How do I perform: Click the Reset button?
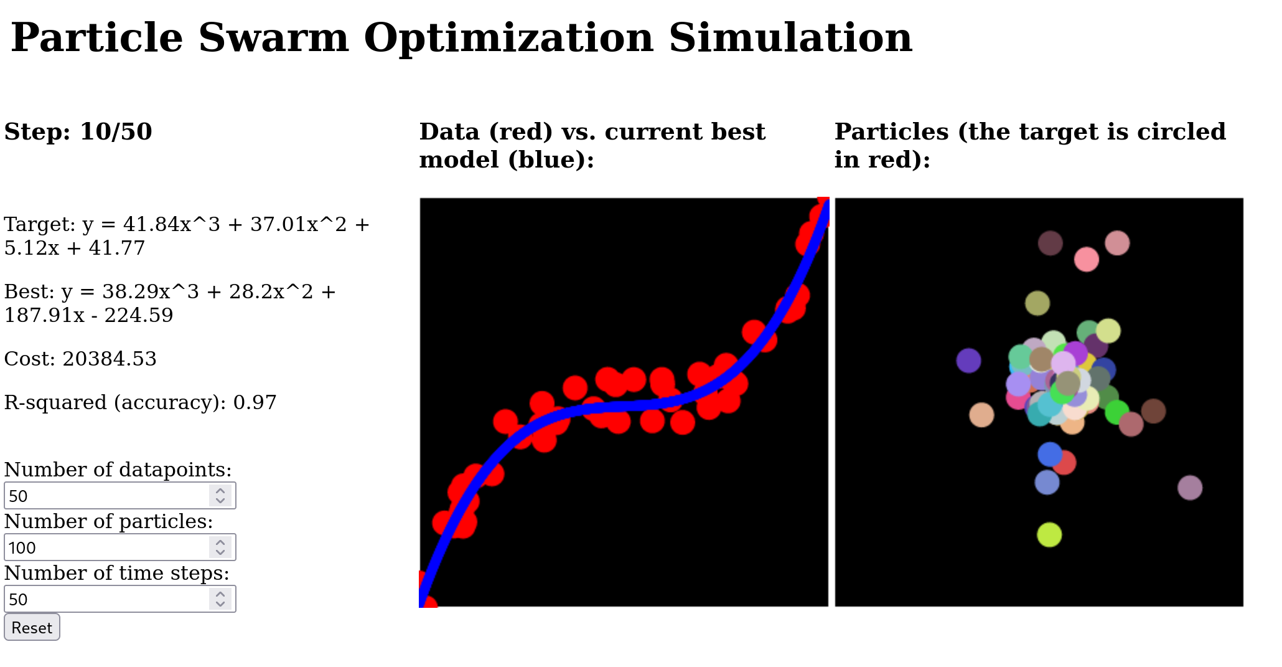click(x=32, y=627)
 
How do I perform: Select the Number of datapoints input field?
click(x=106, y=496)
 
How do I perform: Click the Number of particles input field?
click(x=106, y=547)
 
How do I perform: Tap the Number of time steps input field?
click(x=106, y=599)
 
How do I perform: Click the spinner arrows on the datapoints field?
click(x=220, y=496)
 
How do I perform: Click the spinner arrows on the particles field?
click(x=220, y=547)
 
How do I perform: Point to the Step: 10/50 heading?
click(x=78, y=132)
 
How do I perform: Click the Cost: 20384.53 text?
click(x=80, y=359)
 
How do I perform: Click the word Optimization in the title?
click(x=508, y=38)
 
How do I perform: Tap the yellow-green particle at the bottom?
click(x=1049, y=534)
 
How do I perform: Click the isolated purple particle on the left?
click(x=968, y=361)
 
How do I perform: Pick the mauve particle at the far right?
click(x=1189, y=488)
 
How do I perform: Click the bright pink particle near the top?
click(x=1086, y=259)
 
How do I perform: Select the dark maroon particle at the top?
click(x=1050, y=243)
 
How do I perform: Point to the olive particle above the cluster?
click(x=1037, y=303)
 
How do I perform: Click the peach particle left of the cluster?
click(x=981, y=415)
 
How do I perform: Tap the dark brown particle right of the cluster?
click(x=1153, y=411)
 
